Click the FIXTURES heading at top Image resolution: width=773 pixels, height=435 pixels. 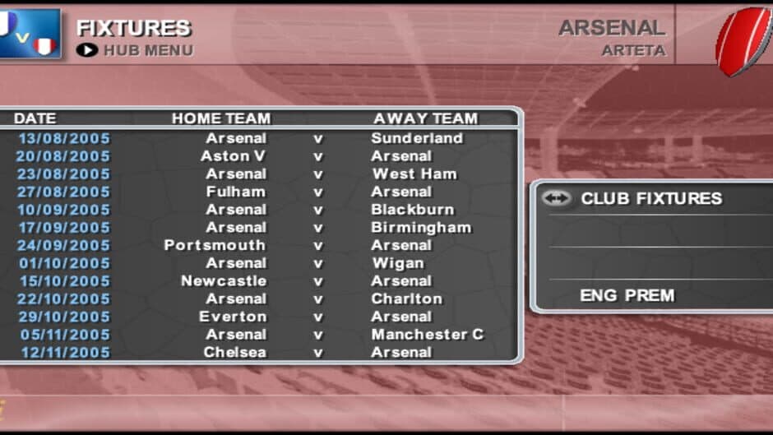[133, 28]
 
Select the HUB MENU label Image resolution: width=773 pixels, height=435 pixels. [148, 50]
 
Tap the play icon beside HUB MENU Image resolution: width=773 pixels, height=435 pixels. [86, 50]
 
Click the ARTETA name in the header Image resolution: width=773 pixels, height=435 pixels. [632, 50]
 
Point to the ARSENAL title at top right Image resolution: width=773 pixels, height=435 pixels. [611, 28]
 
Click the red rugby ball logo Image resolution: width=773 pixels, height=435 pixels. [743, 39]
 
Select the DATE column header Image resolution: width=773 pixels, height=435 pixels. [35, 118]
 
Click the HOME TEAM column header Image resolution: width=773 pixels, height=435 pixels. [220, 118]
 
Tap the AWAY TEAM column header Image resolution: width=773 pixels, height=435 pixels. [425, 118]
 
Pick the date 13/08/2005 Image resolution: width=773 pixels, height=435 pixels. [64, 138]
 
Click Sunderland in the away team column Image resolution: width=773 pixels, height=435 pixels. [417, 138]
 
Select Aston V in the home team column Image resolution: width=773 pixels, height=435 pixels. [234, 156]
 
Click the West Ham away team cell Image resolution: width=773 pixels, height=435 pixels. [414, 174]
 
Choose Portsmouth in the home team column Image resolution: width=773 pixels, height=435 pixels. [215, 245]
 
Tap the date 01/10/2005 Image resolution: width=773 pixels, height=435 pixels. [64, 263]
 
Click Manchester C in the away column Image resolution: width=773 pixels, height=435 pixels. [428, 335]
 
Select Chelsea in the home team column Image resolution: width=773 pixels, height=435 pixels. [235, 352]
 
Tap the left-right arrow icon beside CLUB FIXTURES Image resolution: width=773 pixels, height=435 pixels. [558, 198]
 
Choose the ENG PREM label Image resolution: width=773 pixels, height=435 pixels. [627, 295]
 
